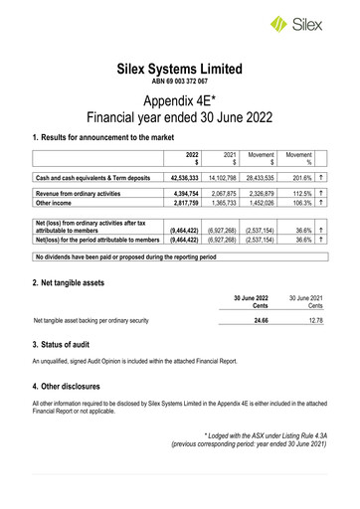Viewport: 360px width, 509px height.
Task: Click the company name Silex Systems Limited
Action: (x=179, y=70)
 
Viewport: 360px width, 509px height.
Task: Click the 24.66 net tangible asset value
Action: (x=260, y=321)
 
